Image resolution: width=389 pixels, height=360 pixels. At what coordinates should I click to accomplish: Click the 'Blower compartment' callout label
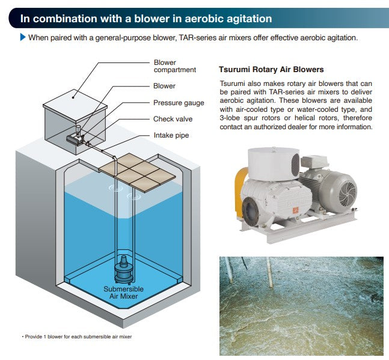[x=174, y=66]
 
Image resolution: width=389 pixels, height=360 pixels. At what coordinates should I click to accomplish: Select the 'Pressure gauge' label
[x=179, y=103]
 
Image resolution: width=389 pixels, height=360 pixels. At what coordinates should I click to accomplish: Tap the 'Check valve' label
[x=173, y=119]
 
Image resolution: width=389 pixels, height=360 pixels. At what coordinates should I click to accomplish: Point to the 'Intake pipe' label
[x=171, y=135]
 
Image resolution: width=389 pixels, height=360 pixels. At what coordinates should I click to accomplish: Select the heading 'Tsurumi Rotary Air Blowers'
[x=271, y=70]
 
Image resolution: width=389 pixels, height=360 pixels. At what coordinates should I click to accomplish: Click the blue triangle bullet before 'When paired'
[x=23, y=37]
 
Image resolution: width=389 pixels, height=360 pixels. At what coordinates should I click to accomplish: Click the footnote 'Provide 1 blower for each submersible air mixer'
[x=76, y=337]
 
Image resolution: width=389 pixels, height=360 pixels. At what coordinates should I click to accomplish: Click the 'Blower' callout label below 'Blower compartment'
[x=164, y=87]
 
